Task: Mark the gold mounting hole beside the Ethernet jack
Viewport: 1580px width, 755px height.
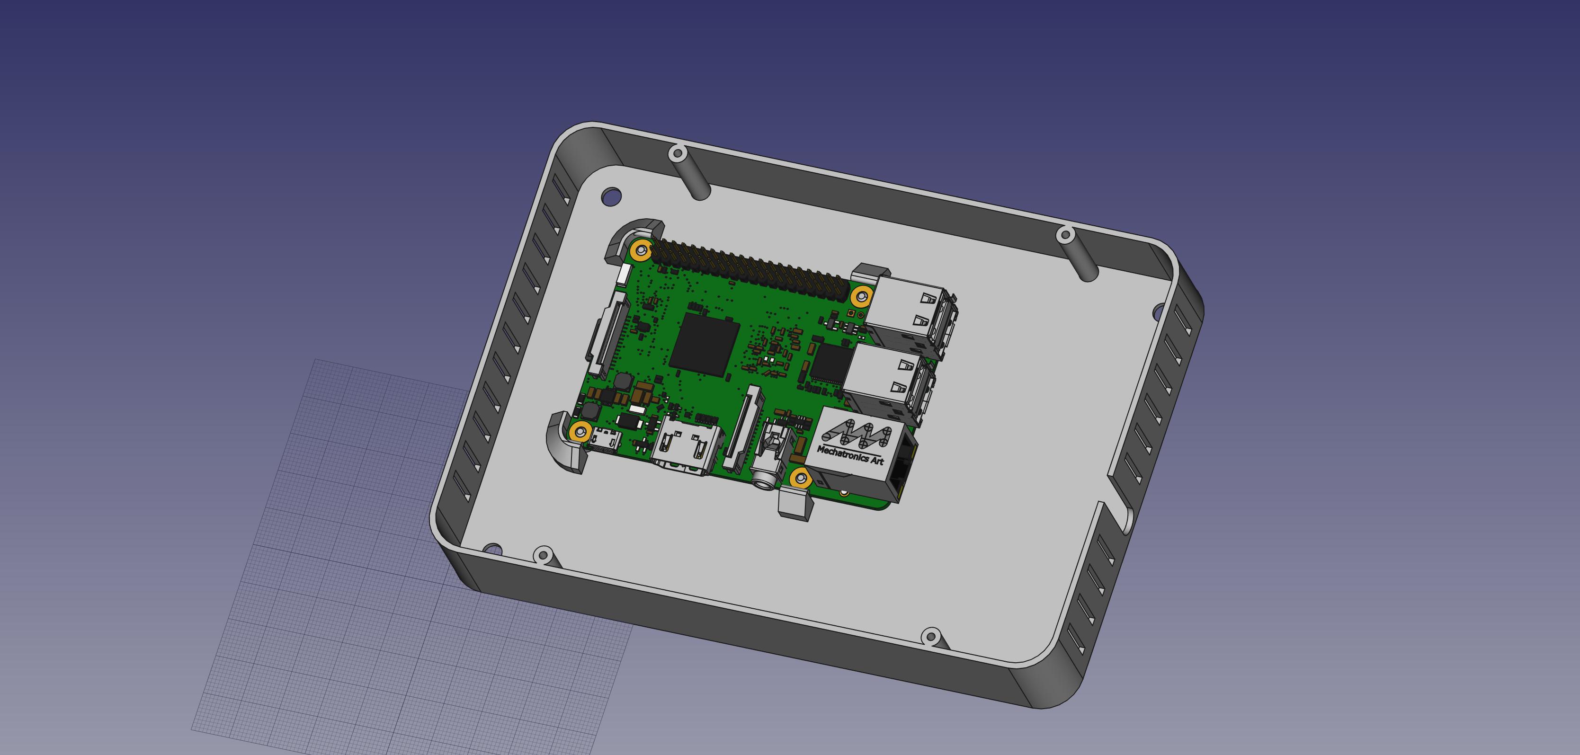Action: [x=799, y=478]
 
